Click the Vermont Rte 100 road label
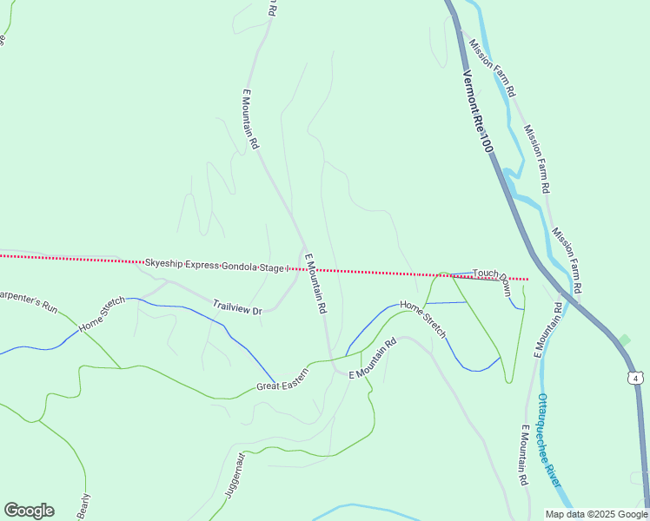coord(477,112)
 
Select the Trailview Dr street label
coord(237,307)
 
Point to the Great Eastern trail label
coord(282,386)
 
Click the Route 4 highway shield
coord(637,378)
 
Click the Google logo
coord(29,511)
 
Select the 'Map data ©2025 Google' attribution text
coord(595,513)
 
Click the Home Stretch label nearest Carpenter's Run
coord(102,314)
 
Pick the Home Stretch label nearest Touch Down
coord(423,319)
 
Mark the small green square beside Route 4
coord(624,340)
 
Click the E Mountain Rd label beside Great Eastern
coord(372,358)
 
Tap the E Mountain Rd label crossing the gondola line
coord(315,283)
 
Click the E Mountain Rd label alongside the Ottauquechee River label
coord(524,455)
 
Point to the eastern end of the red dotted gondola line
coord(527,280)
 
